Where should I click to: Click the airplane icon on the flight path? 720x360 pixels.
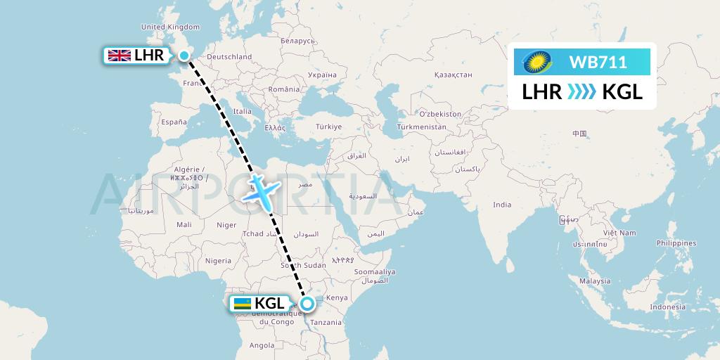coord(262,191)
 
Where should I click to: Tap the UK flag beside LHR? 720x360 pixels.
coord(117,56)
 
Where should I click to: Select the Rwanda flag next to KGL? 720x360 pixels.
coord(242,304)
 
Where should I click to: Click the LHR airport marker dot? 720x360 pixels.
coord(184,56)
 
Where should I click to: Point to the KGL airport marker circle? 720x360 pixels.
coord(307,304)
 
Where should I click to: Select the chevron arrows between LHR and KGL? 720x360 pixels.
coord(581,91)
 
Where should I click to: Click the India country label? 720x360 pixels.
coord(502,205)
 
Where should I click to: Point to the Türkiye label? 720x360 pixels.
coord(328,127)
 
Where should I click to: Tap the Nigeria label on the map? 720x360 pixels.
coord(218,261)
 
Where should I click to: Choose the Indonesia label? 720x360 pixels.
coord(668,307)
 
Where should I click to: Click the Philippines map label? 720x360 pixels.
coord(675,243)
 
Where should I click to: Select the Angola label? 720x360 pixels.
coord(262,345)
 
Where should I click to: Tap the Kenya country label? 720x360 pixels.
coord(338,297)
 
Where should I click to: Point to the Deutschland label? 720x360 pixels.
coord(229,57)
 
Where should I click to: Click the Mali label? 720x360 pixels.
coord(184,225)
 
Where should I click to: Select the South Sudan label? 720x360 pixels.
coord(303,265)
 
